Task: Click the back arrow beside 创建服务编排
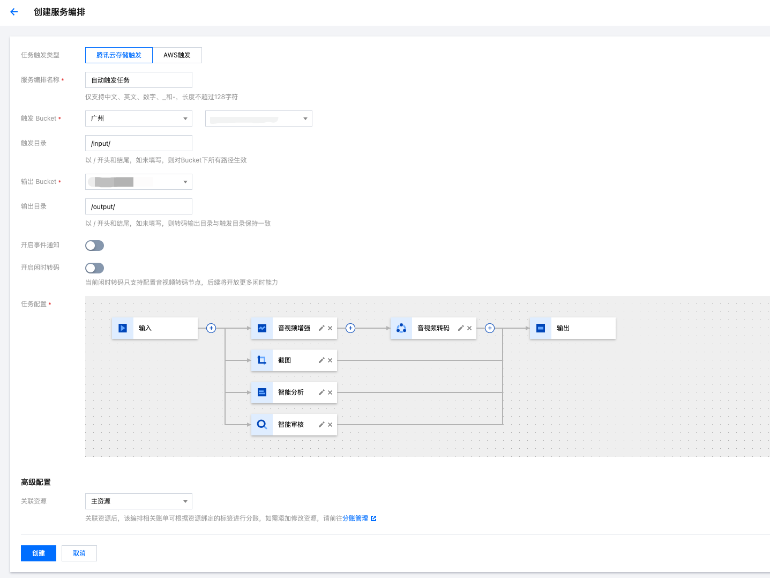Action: [x=14, y=12]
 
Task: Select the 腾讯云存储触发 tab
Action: [x=119, y=55]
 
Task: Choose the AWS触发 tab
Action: [x=177, y=55]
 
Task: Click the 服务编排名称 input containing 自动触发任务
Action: [x=138, y=80]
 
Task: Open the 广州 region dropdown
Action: [x=138, y=118]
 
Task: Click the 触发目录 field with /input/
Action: [x=138, y=143]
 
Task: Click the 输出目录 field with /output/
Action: [x=138, y=206]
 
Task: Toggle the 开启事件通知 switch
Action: [x=95, y=246]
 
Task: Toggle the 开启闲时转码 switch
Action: [x=95, y=268]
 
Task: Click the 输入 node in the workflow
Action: [x=154, y=328]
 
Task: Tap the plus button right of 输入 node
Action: [x=211, y=328]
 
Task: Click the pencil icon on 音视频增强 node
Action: [x=322, y=328]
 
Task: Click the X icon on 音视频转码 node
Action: [x=469, y=328]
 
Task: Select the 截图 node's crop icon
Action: [x=262, y=360]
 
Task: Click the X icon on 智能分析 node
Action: [x=330, y=392]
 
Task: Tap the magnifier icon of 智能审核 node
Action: [x=262, y=425]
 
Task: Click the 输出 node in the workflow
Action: [x=572, y=328]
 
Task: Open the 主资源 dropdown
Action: [x=138, y=501]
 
